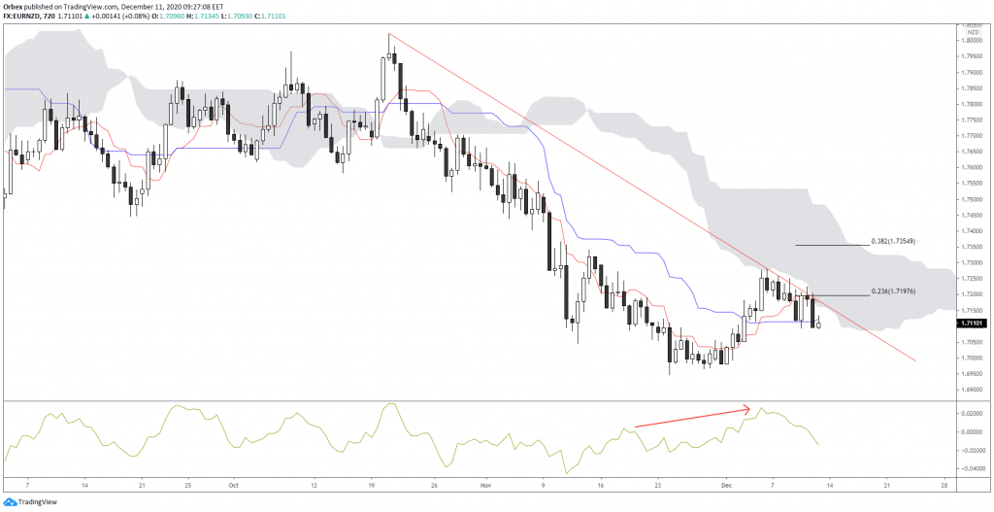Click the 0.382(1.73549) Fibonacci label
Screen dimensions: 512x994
[x=893, y=240]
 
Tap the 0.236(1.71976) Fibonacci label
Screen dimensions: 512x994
[x=893, y=290]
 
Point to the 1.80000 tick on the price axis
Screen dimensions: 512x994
[x=971, y=40]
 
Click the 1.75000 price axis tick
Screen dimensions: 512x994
[x=971, y=199]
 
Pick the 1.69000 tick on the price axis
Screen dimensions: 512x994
[x=971, y=390]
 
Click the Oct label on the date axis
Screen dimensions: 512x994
[x=232, y=482]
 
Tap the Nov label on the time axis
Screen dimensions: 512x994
[x=485, y=482]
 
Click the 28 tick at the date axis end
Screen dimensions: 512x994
[x=944, y=482]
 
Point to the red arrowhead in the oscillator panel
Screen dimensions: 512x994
[x=748, y=406]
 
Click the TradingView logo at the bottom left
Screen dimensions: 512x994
[x=30, y=501]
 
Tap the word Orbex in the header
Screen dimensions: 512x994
[x=15, y=7]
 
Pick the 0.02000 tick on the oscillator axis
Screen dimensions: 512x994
[x=971, y=413]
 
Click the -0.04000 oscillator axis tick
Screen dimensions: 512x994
[x=971, y=468]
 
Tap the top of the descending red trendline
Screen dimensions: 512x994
[x=389, y=35]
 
